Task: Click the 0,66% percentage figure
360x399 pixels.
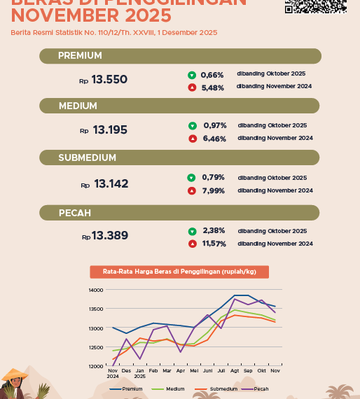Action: pyautogui.click(x=212, y=75)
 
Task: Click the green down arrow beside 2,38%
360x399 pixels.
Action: pyautogui.click(x=192, y=231)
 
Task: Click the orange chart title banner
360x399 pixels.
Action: pyautogui.click(x=179, y=272)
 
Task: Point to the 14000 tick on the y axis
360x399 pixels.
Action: pyautogui.click(x=95, y=290)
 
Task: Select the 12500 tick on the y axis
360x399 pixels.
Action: pyautogui.click(x=95, y=347)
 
